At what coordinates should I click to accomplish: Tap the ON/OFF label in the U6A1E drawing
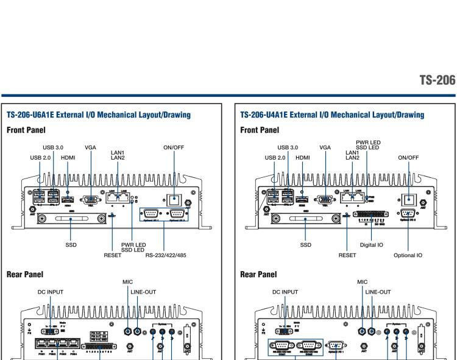click(x=175, y=147)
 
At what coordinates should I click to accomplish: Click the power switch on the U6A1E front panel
click(x=175, y=199)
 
